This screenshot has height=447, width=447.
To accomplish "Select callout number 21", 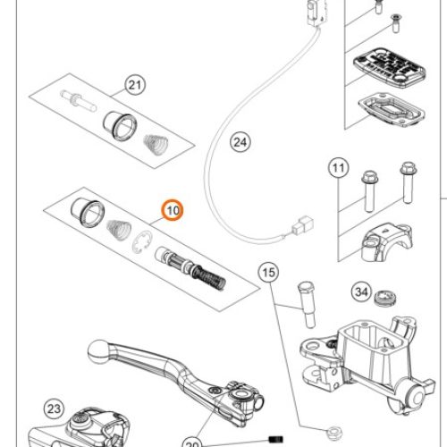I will [x=135, y=86].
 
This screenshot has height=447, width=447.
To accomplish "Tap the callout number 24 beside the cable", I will [x=239, y=140].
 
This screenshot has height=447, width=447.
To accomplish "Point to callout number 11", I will [x=338, y=168].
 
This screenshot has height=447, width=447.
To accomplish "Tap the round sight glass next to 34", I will [x=389, y=297].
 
